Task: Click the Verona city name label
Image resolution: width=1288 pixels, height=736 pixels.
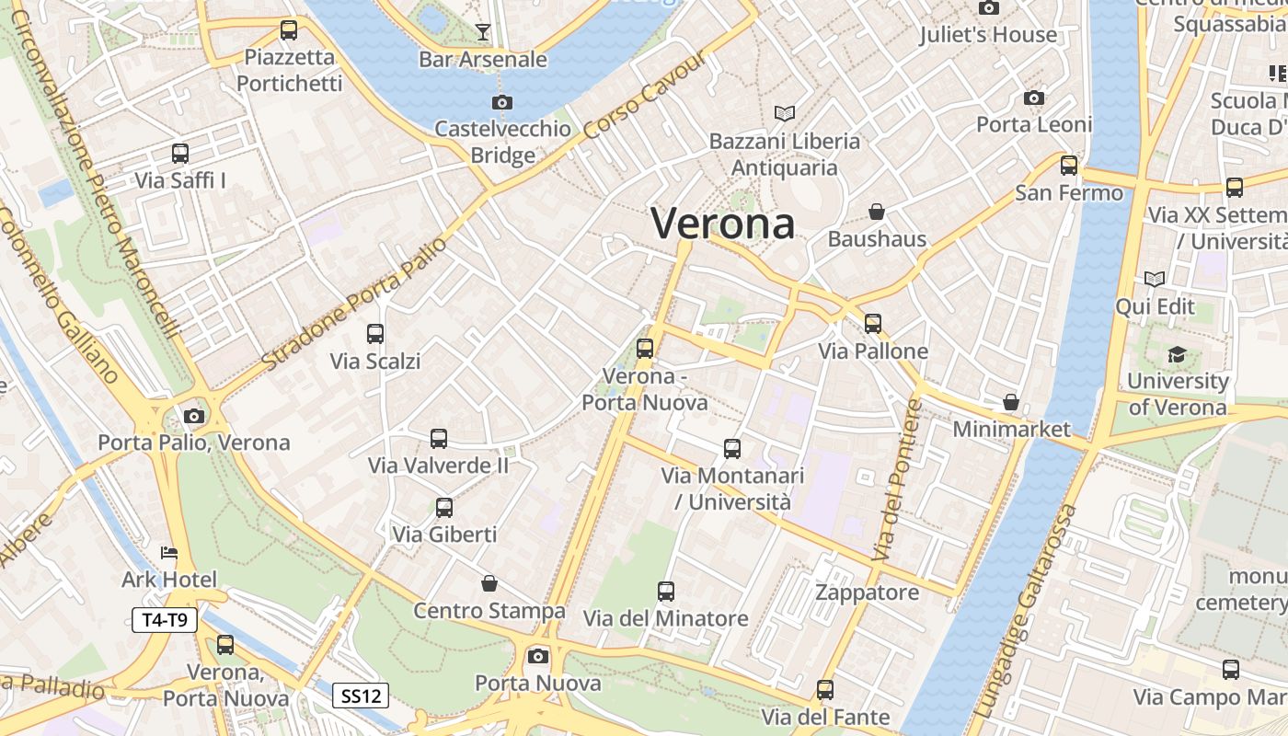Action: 723,224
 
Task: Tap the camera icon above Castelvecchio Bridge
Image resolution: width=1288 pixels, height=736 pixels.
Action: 502,102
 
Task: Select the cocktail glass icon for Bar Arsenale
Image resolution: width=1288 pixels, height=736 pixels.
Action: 483,33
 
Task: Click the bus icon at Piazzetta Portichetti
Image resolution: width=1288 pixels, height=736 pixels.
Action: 289,30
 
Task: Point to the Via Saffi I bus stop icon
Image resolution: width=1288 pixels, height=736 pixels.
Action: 180,154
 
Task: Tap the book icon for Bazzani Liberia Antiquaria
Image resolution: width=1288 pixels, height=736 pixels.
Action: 784,114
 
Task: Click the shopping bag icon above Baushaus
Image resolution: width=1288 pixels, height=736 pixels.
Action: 877,213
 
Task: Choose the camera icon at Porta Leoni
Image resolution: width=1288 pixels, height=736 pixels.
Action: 1034,98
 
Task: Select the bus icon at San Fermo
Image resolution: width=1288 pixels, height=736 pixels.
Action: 1069,166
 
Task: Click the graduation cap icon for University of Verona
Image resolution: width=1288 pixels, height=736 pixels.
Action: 1178,354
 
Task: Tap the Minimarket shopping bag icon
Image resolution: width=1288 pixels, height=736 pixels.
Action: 1011,402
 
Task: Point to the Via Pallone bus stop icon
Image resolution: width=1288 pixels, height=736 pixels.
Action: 873,324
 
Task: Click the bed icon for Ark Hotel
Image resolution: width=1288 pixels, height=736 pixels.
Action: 169,553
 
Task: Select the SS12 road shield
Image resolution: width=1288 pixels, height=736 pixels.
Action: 361,696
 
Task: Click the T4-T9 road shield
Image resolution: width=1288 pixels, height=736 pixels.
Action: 165,620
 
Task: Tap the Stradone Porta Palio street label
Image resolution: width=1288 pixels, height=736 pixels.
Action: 354,305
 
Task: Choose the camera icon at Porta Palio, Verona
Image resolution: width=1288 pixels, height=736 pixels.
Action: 194,416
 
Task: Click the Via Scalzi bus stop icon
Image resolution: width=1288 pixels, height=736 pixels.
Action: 375,334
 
